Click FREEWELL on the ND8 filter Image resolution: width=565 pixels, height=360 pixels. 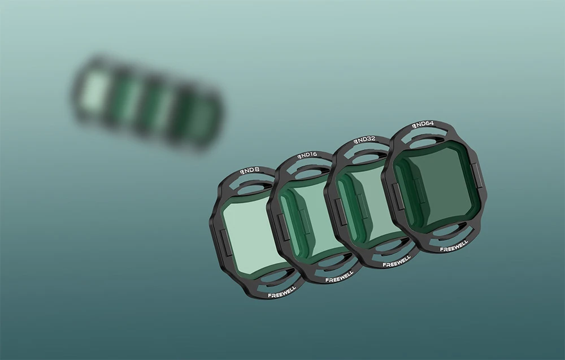point(282,292)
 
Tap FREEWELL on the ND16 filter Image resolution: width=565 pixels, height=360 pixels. point(340,277)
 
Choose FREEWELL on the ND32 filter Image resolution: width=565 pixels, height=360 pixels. point(397,262)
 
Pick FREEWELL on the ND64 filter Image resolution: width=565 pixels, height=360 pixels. point(454,246)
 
